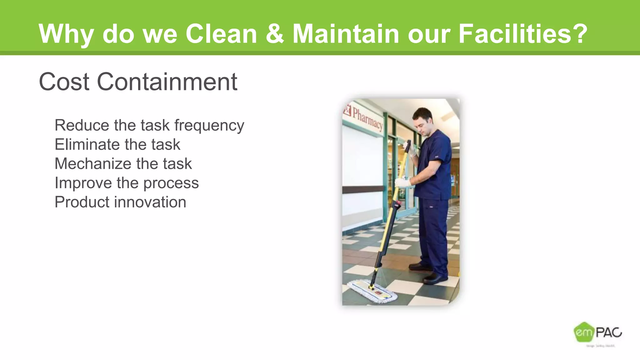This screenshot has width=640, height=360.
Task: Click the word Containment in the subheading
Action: point(167,82)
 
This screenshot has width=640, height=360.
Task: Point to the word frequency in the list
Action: point(209,126)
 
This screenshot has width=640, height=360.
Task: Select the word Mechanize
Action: point(92,164)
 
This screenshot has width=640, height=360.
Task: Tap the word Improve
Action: point(83,183)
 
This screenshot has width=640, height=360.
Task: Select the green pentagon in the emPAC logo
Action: point(583,332)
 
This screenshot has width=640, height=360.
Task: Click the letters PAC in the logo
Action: point(608,332)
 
